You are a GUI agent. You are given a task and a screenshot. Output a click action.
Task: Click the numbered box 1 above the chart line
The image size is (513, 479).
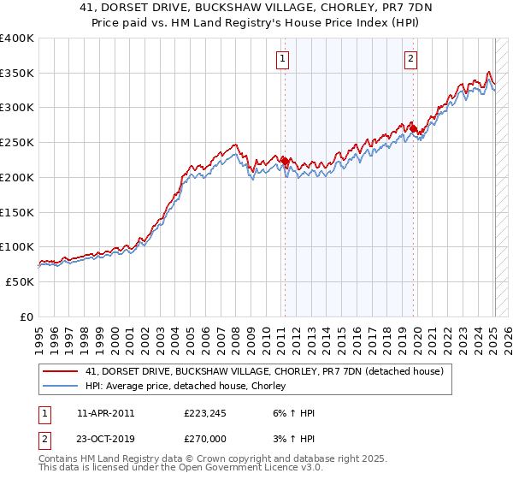(282, 59)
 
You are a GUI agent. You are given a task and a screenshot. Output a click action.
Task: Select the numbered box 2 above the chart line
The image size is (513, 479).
(411, 59)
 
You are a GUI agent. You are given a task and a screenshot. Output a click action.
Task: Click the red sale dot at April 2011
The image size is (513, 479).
(284, 161)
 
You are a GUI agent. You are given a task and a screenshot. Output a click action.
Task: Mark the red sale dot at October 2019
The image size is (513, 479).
(413, 129)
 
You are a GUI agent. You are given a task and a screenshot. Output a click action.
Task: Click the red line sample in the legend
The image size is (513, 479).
(61, 372)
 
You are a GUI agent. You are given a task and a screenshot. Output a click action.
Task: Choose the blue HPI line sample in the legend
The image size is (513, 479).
(61, 387)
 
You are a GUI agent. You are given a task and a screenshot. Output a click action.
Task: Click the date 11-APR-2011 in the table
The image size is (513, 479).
(105, 413)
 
